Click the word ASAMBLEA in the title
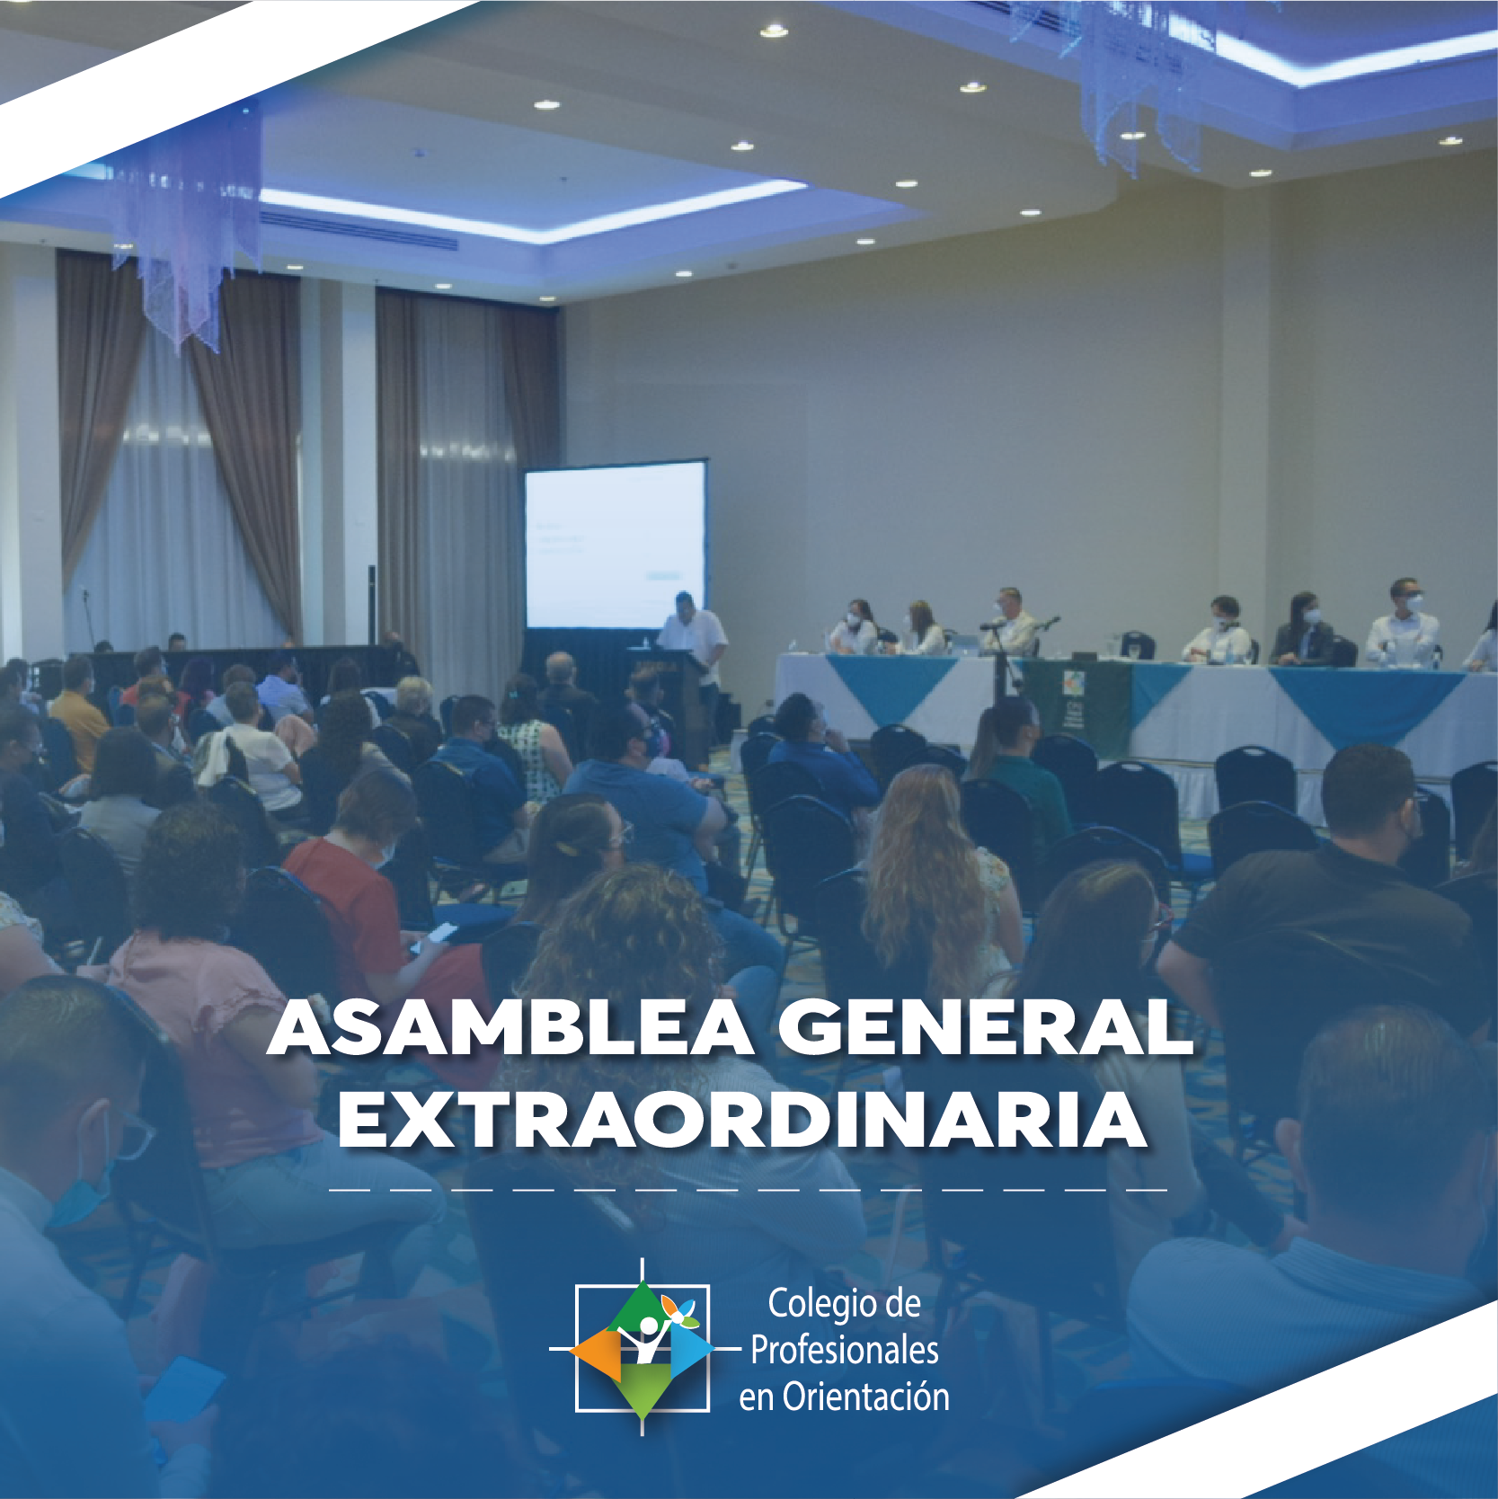[x=511, y=1028]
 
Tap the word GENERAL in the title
[x=986, y=1028]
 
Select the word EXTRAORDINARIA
[x=742, y=1121]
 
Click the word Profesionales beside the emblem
[x=845, y=1350]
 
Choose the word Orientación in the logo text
[x=866, y=1397]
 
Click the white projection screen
[x=616, y=545]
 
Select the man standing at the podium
[x=696, y=656]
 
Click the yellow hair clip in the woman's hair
[x=567, y=847]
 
